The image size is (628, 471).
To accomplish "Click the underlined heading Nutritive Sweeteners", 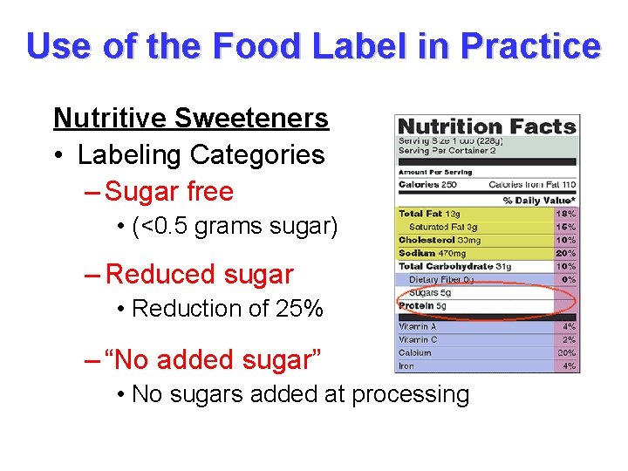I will coord(191,118).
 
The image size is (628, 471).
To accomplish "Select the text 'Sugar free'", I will coord(169,192).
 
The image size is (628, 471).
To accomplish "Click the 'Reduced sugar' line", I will coord(199,274).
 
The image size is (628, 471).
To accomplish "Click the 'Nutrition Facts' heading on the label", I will coord(487,127).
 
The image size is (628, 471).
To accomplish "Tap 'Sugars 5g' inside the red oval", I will coord(430,293).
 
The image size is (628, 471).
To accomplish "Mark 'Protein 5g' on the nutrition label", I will coord(424,306).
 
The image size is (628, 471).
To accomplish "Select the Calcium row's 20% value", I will coord(567,353).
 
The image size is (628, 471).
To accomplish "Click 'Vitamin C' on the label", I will coord(419,339).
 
